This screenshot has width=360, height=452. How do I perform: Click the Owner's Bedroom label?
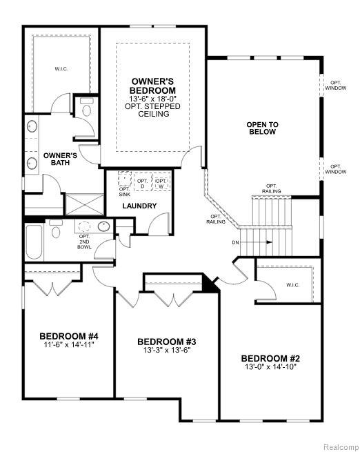click(153, 86)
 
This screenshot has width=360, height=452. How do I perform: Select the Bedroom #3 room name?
click(167, 341)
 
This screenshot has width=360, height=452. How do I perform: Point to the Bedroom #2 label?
click(270, 358)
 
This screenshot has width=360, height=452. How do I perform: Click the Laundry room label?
click(139, 206)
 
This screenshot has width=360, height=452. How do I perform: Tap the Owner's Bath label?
click(59, 159)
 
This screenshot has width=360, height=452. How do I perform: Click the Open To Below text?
click(263, 128)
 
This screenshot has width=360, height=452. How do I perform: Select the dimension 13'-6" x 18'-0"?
click(153, 99)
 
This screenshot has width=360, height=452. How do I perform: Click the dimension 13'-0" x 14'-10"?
click(270, 367)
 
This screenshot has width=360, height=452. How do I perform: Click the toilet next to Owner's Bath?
click(87, 109)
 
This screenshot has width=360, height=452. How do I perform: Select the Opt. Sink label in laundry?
click(125, 192)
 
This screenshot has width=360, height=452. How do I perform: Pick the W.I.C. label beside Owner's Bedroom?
click(61, 69)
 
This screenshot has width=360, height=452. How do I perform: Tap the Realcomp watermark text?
click(339, 444)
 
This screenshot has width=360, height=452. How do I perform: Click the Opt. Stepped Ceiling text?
click(153, 110)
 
